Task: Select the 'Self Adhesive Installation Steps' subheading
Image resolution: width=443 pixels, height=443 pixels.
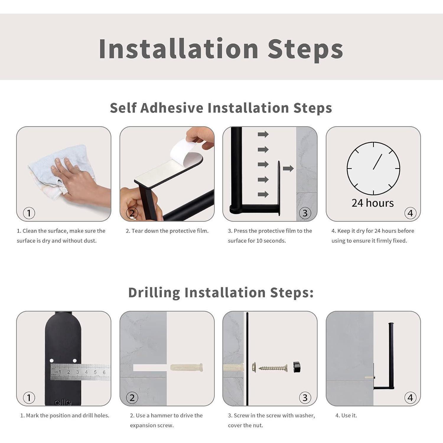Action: pyautogui.click(x=221, y=108)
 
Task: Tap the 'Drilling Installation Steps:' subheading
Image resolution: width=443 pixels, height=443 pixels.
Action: pyautogui.click(x=221, y=292)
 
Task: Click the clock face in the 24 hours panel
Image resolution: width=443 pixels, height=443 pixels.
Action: pyautogui.click(x=373, y=168)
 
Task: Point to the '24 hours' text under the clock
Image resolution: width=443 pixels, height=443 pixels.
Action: pyautogui.click(x=373, y=203)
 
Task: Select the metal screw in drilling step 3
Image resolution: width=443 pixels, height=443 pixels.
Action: pyautogui.click(x=273, y=368)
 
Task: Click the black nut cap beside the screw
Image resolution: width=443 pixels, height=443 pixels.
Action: pyautogui.click(x=297, y=367)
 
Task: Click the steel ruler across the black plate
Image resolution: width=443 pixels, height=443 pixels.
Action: pyautogui.click(x=80, y=372)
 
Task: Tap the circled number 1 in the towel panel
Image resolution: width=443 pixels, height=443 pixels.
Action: pyautogui.click(x=29, y=213)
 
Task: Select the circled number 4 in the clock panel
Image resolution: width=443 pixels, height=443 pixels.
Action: pyautogui.click(x=410, y=213)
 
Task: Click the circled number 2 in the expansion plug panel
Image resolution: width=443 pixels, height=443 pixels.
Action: pyautogui.click(x=132, y=398)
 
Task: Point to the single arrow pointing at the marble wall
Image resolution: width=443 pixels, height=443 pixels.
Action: pyautogui.click(x=288, y=169)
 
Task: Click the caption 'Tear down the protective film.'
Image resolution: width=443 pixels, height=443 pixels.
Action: pyautogui.click(x=170, y=231)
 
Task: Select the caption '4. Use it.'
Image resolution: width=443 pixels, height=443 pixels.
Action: pyautogui.click(x=346, y=415)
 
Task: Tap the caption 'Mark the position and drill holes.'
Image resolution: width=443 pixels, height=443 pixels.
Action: pyautogui.click(x=68, y=415)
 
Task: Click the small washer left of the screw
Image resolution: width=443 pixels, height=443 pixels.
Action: pyautogui.click(x=254, y=367)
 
